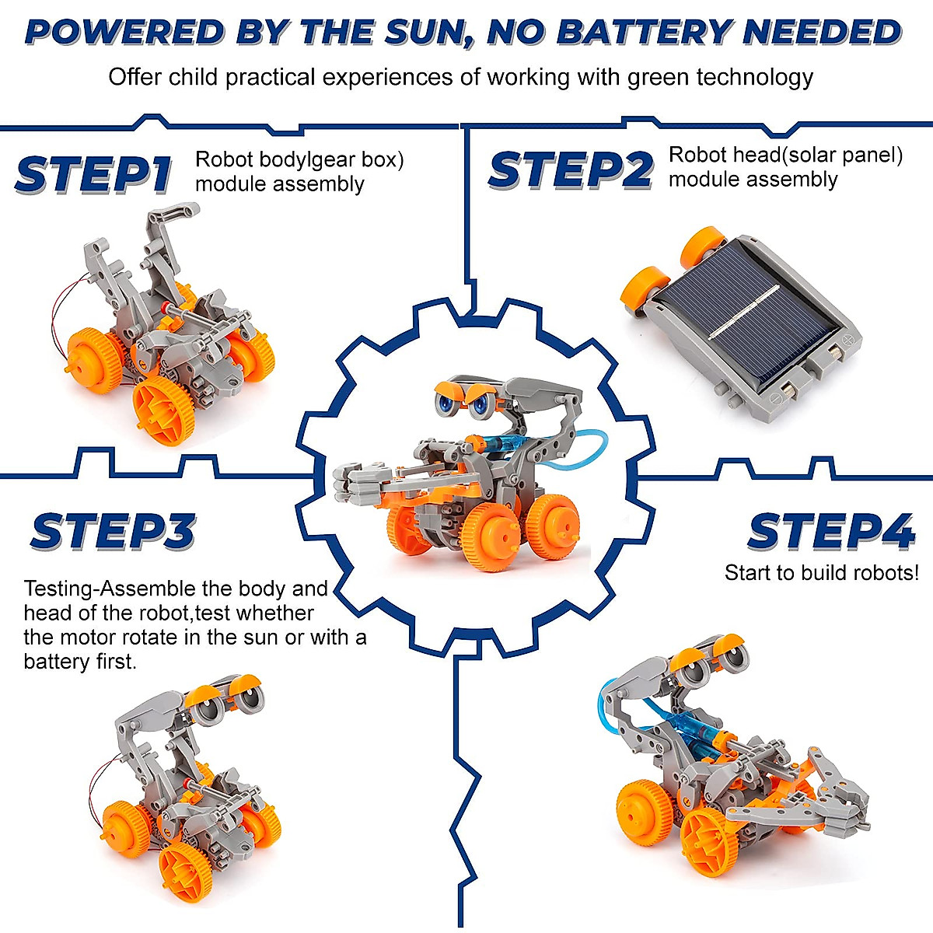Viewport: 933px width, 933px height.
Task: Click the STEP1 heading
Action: (93, 174)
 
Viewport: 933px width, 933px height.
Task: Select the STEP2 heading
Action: (570, 171)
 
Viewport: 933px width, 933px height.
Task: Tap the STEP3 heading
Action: (113, 533)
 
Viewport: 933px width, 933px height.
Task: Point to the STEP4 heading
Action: (830, 533)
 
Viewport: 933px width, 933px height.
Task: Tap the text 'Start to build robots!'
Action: (821, 573)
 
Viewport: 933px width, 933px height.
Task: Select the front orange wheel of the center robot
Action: (490, 536)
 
